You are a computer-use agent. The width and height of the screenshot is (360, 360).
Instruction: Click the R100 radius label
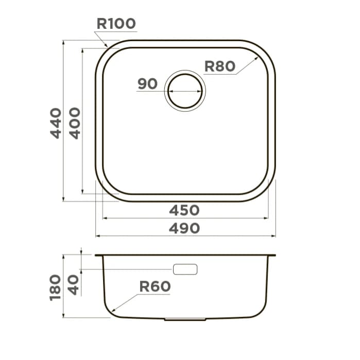coord(116,23)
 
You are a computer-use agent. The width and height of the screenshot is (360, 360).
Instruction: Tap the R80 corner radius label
coord(220,66)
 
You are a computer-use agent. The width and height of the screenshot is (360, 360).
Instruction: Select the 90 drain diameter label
coord(147,83)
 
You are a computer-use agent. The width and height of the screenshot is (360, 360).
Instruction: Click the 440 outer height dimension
coord(56,123)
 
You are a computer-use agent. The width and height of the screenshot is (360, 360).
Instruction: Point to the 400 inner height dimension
coord(75,123)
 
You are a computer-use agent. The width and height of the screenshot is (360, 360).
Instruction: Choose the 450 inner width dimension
coord(184,210)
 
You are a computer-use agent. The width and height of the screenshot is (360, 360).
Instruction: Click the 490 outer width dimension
coord(184,229)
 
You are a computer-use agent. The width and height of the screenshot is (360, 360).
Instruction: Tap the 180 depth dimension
coord(55,287)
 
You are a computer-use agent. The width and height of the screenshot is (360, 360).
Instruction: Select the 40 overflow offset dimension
coord(74,285)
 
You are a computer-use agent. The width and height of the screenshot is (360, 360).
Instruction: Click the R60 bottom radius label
coord(155,286)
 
